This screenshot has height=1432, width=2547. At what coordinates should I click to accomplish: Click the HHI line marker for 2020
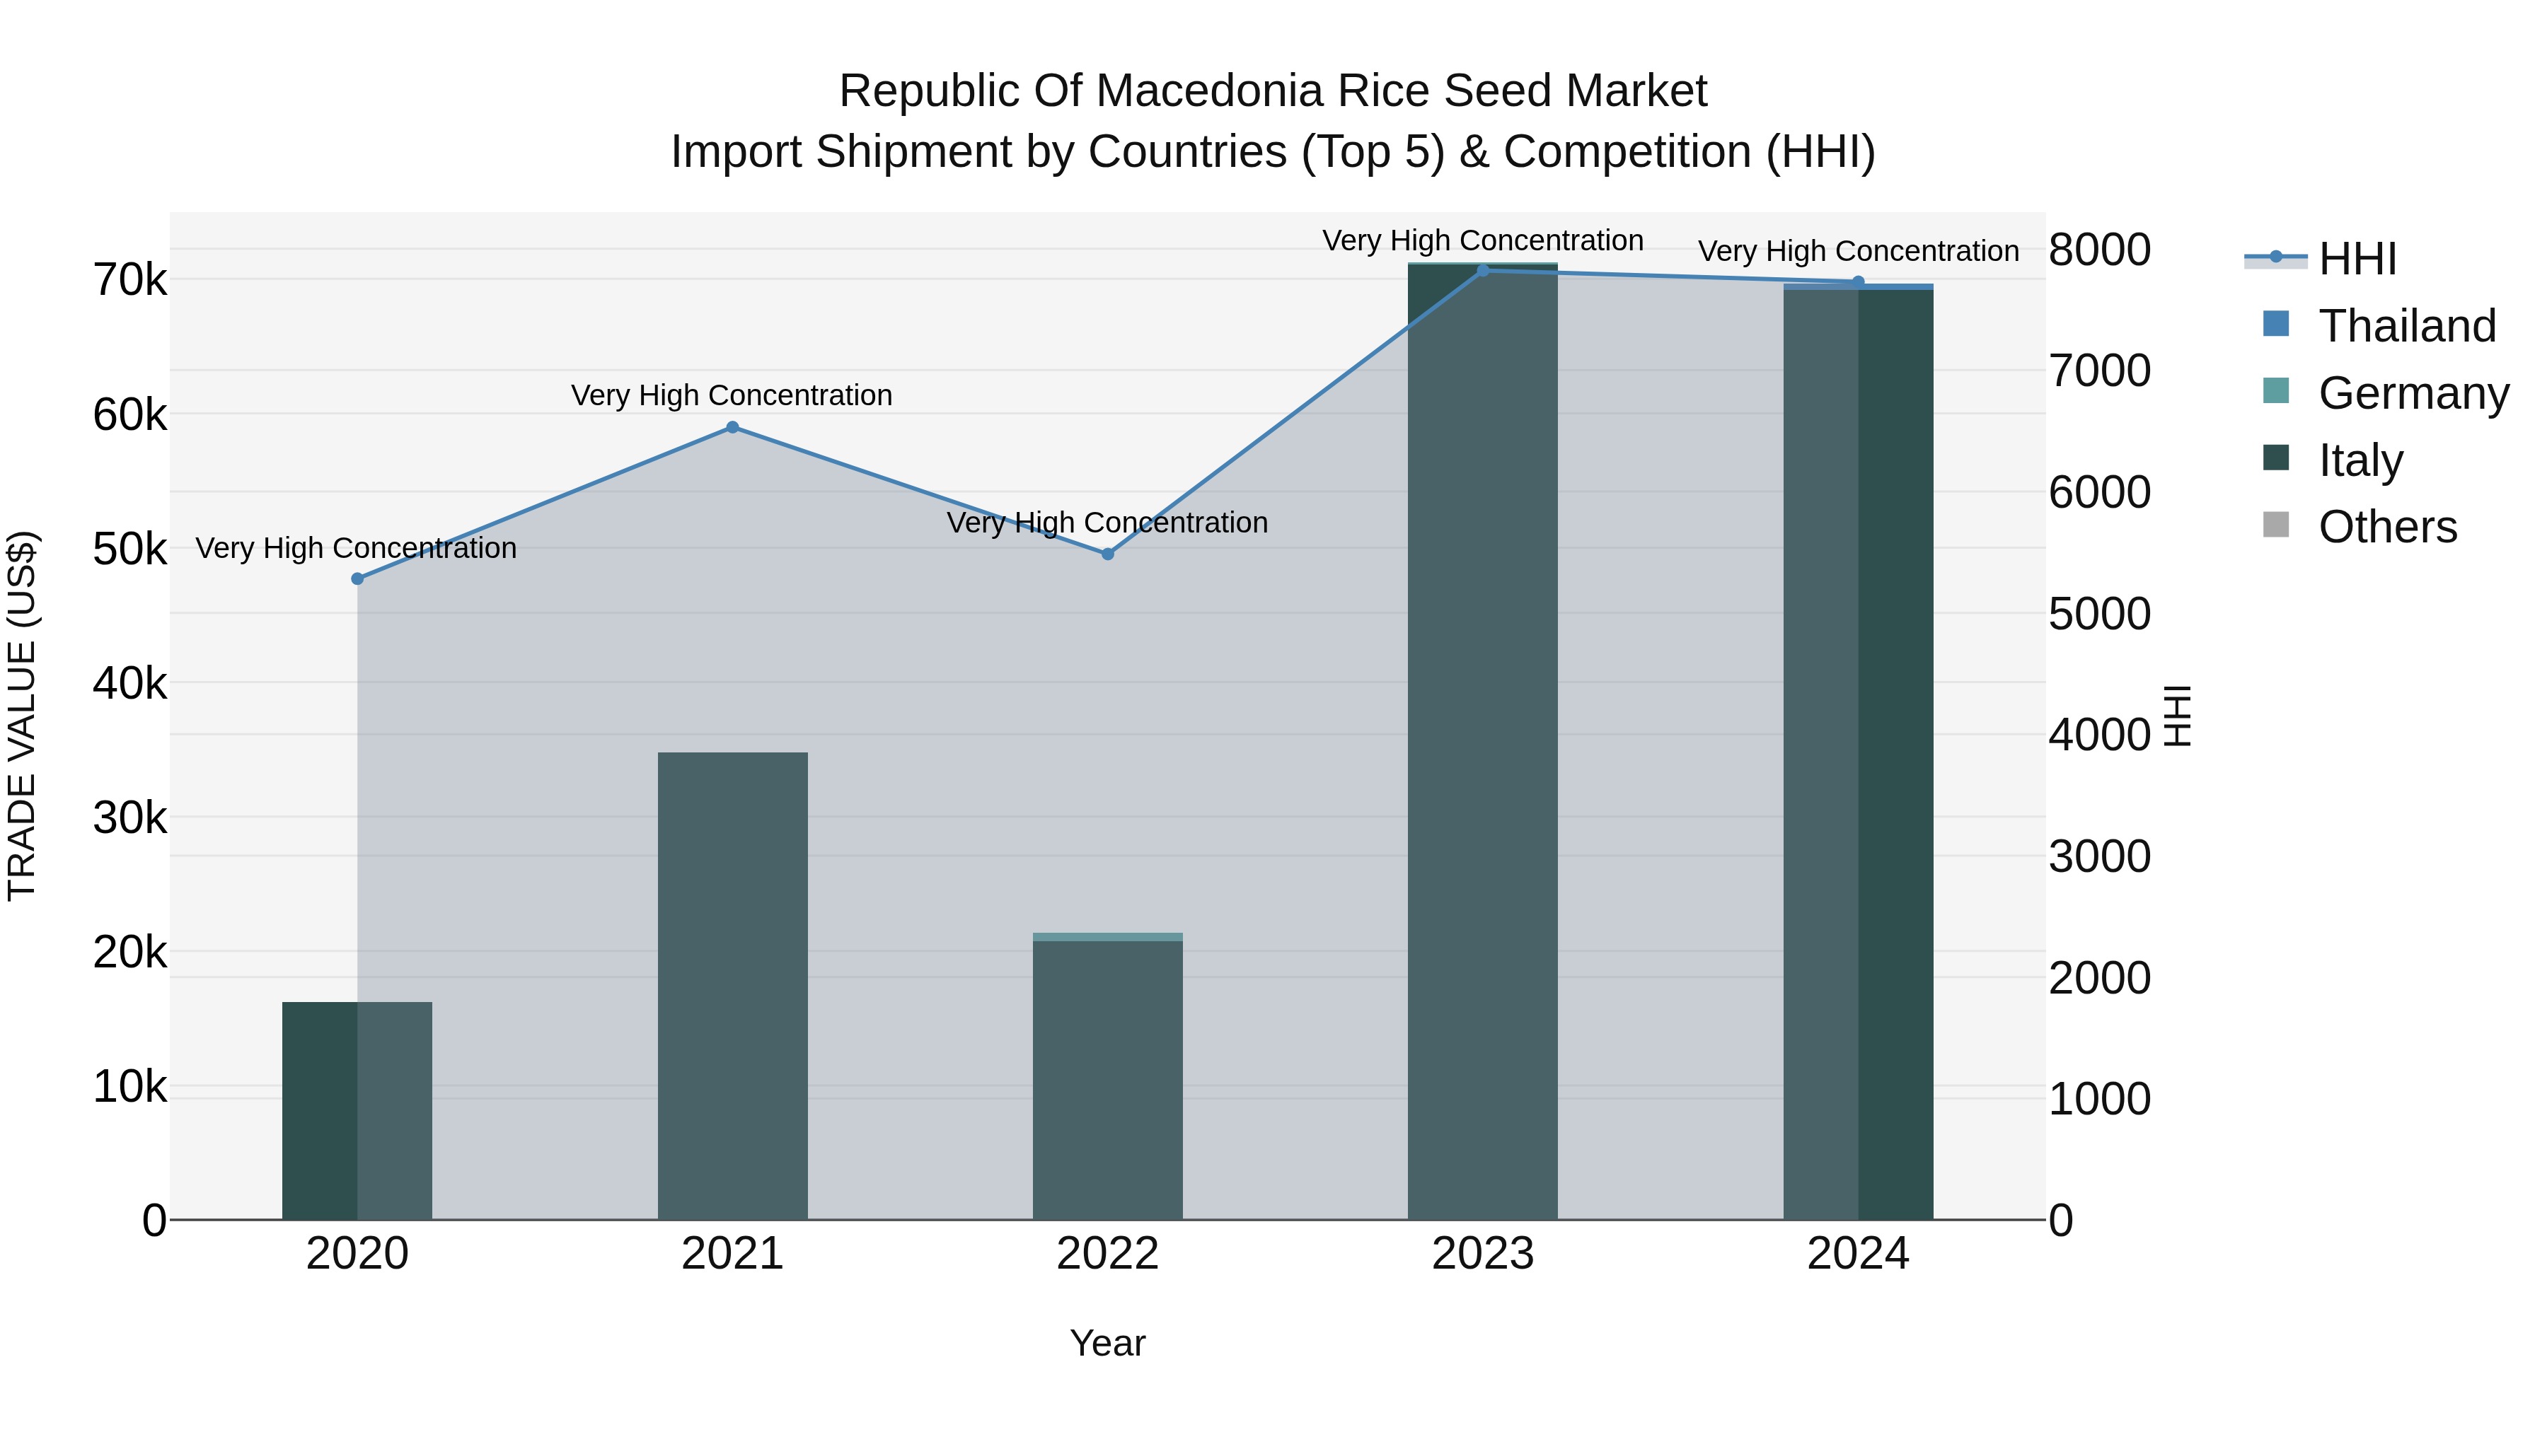(357, 579)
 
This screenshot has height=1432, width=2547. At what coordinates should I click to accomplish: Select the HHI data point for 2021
(733, 428)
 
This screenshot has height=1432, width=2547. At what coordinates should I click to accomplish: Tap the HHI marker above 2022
(1107, 554)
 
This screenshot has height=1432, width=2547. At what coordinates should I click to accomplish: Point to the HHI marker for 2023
(1482, 271)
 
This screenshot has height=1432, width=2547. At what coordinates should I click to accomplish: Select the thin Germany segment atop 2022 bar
(1107, 937)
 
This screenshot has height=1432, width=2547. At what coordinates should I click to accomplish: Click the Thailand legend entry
(2407, 326)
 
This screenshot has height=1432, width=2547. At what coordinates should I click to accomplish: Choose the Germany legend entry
(2413, 393)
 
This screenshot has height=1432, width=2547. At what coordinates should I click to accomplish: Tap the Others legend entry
(2387, 527)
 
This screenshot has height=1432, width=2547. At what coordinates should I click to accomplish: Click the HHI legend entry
(2357, 259)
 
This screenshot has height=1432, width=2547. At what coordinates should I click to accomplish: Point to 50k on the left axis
(129, 549)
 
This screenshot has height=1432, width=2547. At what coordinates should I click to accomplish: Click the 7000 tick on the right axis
(2098, 371)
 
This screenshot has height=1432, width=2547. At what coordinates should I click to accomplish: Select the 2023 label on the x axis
(1482, 1254)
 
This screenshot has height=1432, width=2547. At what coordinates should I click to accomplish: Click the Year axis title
(1107, 1343)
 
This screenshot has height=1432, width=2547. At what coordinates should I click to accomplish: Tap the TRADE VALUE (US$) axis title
(22, 716)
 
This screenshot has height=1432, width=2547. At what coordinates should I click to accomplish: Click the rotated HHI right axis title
(2178, 716)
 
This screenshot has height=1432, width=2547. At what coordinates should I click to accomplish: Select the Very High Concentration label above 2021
(732, 395)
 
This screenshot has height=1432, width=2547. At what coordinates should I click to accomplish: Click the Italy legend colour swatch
(2275, 458)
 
